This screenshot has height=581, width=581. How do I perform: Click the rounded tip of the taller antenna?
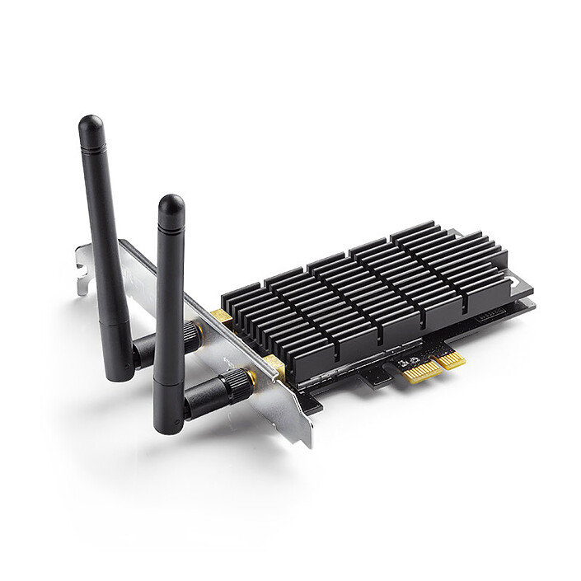[91, 125]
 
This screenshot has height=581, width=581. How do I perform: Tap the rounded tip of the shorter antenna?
[171, 204]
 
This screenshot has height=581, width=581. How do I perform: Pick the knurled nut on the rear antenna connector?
[191, 334]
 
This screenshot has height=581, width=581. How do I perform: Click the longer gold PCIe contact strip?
[421, 370]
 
